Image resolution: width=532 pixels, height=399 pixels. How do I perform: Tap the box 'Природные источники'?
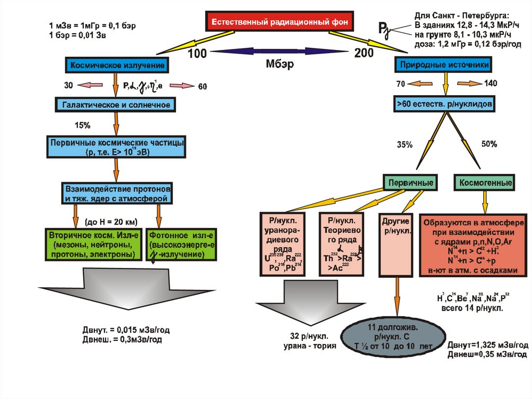pyautogui.click(x=444, y=66)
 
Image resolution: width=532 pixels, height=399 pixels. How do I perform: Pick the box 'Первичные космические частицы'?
pyautogui.click(x=115, y=147)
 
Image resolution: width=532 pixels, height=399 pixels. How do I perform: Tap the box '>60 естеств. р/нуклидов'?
pyautogui.click(x=444, y=105)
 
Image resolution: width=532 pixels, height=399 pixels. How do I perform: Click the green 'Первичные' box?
pyautogui.click(x=409, y=183)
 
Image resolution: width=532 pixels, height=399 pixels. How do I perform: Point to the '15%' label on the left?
pyautogui.click(x=83, y=125)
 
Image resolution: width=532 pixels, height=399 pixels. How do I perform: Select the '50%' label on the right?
pyautogui.click(x=489, y=144)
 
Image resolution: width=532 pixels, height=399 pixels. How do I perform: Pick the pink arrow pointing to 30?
pyautogui.click(x=91, y=85)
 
